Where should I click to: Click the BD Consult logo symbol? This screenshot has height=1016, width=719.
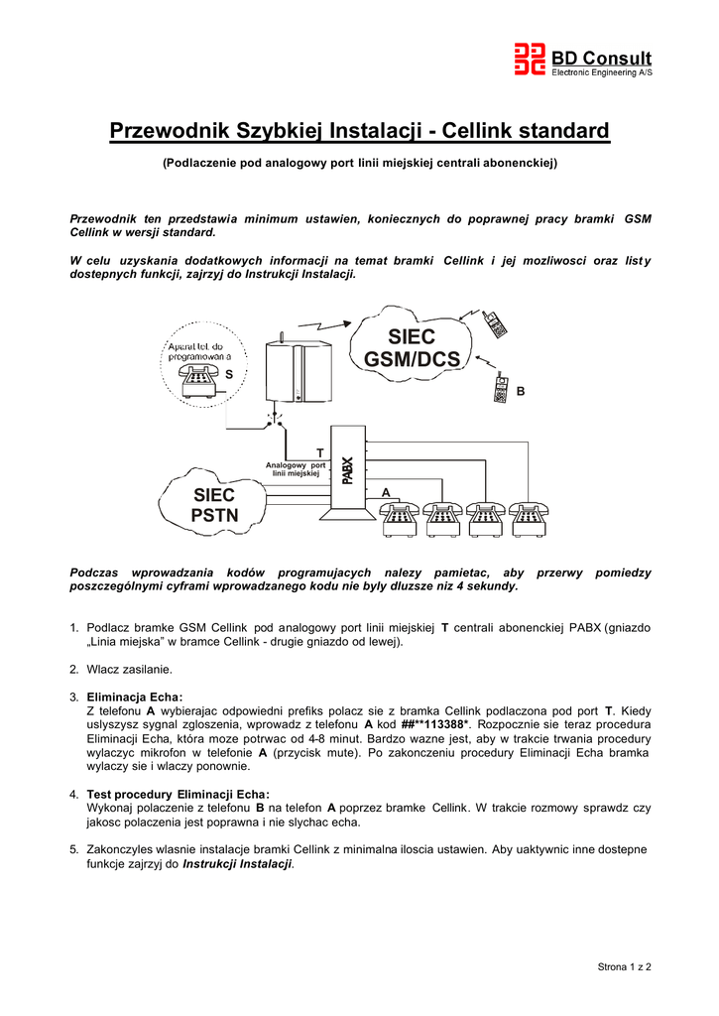click(x=530, y=60)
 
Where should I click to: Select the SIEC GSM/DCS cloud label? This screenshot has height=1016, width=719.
click(x=413, y=348)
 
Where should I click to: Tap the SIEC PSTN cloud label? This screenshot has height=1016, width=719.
click(x=214, y=505)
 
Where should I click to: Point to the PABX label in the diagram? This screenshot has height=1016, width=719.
click(x=347, y=469)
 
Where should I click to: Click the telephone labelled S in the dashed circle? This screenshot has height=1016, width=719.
click(x=197, y=379)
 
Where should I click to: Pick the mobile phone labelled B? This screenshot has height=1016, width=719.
click(x=502, y=389)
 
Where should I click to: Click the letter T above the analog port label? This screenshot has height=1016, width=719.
click(x=318, y=452)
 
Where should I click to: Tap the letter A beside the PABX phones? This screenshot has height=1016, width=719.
click(x=385, y=492)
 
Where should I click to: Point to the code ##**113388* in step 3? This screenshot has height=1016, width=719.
click(x=432, y=724)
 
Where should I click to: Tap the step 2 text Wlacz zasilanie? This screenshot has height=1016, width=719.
click(x=130, y=669)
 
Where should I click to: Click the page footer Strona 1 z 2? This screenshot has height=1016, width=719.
click(x=625, y=965)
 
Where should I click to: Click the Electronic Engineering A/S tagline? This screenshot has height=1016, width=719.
click(x=602, y=72)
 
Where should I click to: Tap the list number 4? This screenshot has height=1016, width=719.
click(x=74, y=795)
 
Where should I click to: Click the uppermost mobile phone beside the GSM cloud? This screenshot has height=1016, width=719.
click(x=495, y=323)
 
